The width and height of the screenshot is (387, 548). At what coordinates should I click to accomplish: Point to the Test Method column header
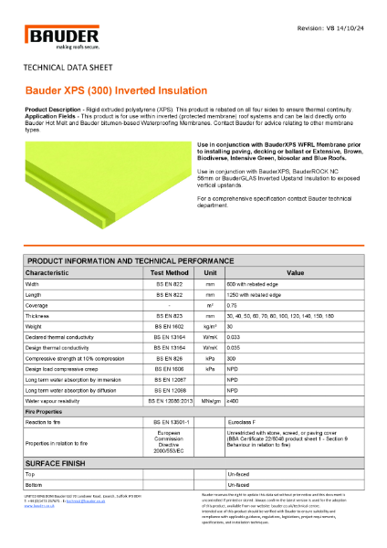coord(170,272)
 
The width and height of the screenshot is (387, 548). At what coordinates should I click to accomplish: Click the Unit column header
coord(210,272)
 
